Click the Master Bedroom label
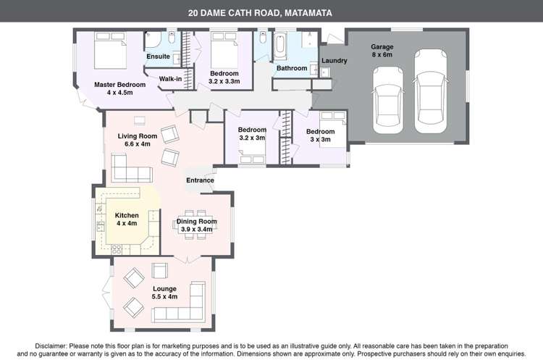coord(120,88)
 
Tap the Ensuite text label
coord(158,56)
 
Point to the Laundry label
coord(334,61)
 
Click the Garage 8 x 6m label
coord(382,51)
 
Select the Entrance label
coord(200,180)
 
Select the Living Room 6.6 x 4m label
coord(137,140)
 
